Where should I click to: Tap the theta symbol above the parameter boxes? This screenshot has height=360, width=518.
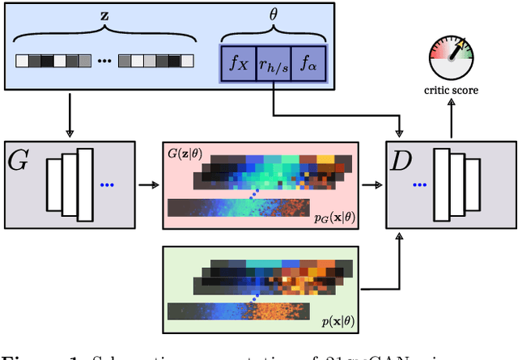[x=272, y=15]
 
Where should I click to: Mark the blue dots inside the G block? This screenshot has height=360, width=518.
[x=108, y=184]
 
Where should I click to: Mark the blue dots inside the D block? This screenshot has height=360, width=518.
[x=418, y=184]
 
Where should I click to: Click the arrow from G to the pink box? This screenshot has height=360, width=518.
[x=149, y=184]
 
